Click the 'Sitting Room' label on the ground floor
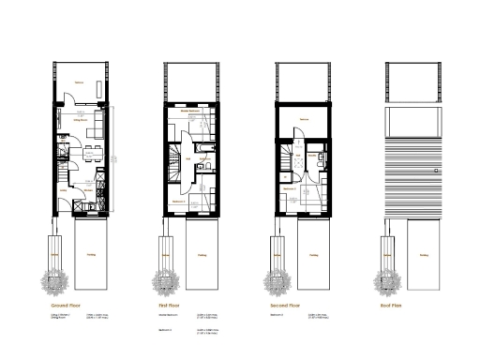pos(81,121)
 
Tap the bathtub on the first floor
pos(205,148)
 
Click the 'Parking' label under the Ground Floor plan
pos(89,252)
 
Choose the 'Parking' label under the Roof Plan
pos(424,252)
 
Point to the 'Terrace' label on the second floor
pos(304,119)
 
